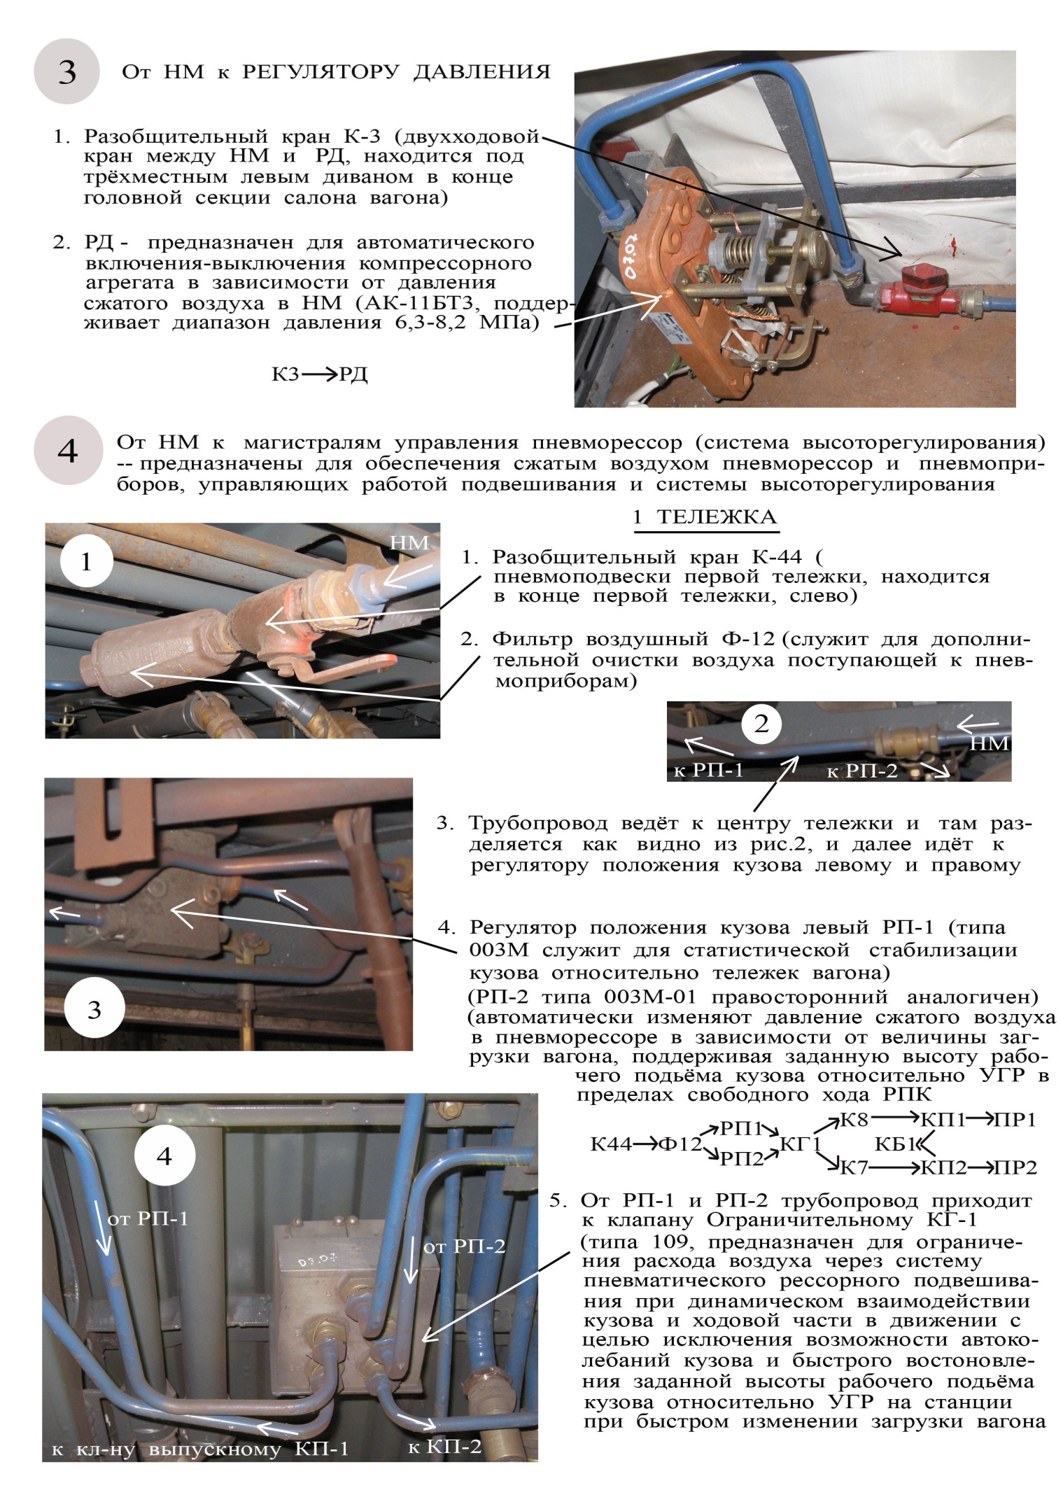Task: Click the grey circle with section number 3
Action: pyautogui.click(x=66, y=71)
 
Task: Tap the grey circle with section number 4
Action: pyautogui.click(x=66, y=451)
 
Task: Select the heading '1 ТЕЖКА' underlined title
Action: pyautogui.click(x=704, y=518)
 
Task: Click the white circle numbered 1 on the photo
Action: pyautogui.click(x=86, y=561)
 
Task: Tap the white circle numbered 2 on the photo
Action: pyautogui.click(x=761, y=724)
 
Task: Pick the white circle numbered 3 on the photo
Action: pyautogui.click(x=93, y=1010)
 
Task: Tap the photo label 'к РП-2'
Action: pyautogui.click(x=861, y=771)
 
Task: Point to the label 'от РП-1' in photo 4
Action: pyautogui.click(x=148, y=1218)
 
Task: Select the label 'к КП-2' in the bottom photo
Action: pyautogui.click(x=445, y=1446)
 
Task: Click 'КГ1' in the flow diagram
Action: pyautogui.click(x=799, y=1144)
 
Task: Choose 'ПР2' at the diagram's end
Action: pyautogui.click(x=1015, y=1167)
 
